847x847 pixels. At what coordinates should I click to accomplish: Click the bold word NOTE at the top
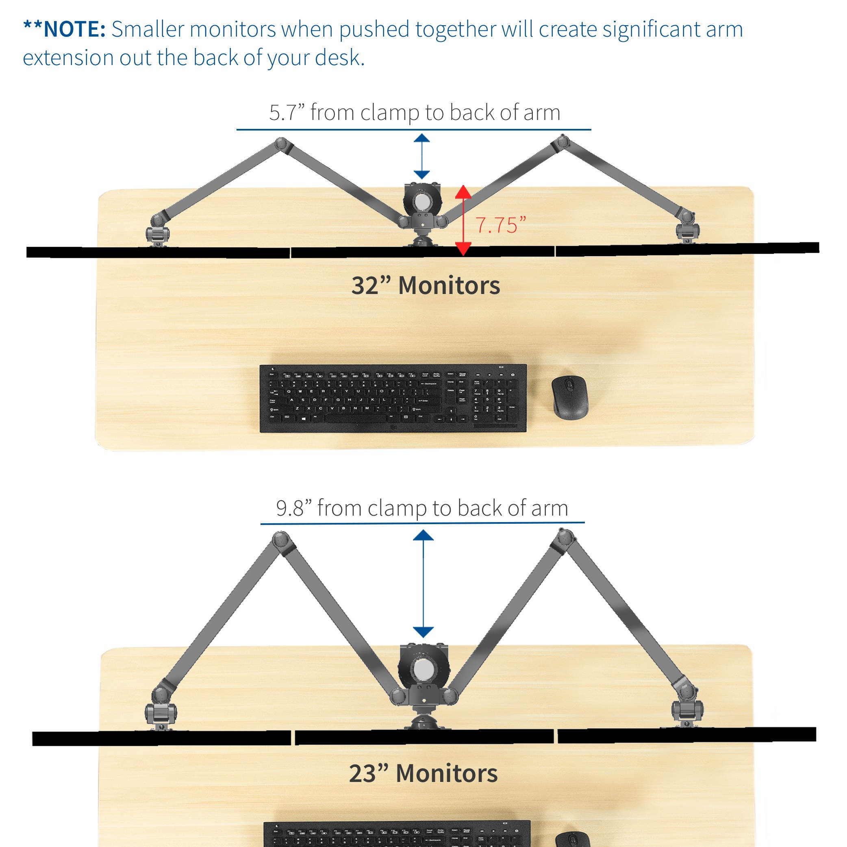click(x=74, y=29)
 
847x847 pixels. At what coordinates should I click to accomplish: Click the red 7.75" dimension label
click(x=500, y=225)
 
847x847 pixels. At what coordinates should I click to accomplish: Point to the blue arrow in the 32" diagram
click(x=422, y=157)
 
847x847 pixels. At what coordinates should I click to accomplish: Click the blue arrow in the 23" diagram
click(x=423, y=584)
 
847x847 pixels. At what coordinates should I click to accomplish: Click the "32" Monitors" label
click(x=425, y=285)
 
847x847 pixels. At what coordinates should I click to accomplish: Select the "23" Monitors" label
click(x=423, y=773)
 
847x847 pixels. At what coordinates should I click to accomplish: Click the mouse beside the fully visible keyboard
click(x=569, y=397)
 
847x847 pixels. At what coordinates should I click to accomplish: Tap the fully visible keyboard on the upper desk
click(x=393, y=398)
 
